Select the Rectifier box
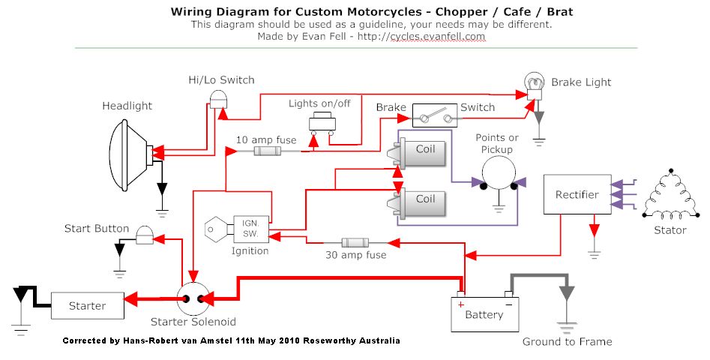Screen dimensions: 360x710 (577, 195)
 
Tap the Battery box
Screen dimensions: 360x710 (484, 314)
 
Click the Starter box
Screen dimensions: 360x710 (87, 305)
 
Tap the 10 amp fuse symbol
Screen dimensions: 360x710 (267, 151)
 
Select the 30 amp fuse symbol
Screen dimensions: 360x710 (354, 243)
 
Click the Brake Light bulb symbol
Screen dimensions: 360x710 (533, 84)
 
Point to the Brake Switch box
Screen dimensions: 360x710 (435, 118)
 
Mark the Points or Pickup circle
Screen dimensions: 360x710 (497, 181)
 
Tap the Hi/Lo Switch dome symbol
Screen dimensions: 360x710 (218, 98)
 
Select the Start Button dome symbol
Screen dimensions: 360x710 (144, 235)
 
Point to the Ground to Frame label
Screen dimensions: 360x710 (567, 342)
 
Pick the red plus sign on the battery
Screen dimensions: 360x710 (461, 304)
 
